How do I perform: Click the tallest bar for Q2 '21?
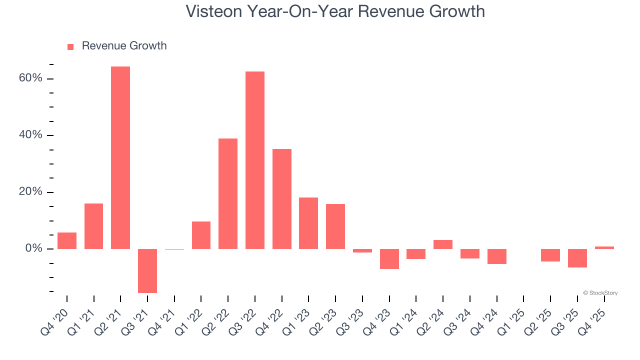pyautogui.click(x=120, y=157)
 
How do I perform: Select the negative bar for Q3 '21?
pyautogui.click(x=147, y=270)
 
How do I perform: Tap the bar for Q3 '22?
pyautogui.click(x=255, y=160)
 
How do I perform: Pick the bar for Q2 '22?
pyautogui.click(x=228, y=193)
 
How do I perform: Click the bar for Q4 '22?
pyautogui.click(x=282, y=198)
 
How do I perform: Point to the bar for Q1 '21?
pyautogui.click(x=93, y=226)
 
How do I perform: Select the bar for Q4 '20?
pyautogui.click(x=67, y=240)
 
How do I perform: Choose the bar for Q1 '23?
pyautogui.click(x=308, y=223)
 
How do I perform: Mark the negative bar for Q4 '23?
pyautogui.click(x=389, y=259)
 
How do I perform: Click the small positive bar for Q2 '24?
pyautogui.click(x=443, y=244)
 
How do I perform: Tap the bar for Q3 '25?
pyautogui.click(x=577, y=258)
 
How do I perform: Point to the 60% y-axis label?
pyautogui.click(x=31, y=78)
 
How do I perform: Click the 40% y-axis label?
pyautogui.click(x=31, y=135)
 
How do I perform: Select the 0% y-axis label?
pyautogui.click(x=34, y=249)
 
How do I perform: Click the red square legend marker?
pyautogui.click(x=70, y=46)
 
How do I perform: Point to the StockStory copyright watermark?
pyautogui.click(x=600, y=293)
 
